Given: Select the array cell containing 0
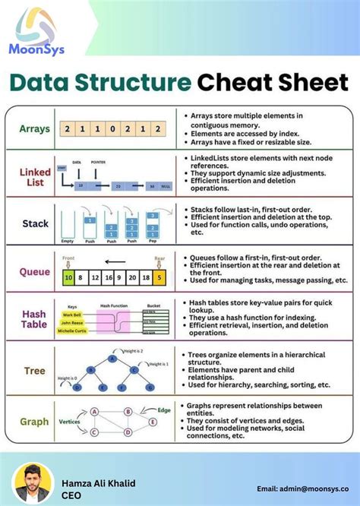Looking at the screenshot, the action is click(112, 129).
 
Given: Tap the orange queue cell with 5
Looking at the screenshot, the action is click(158, 278).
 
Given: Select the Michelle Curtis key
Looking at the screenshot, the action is click(74, 330).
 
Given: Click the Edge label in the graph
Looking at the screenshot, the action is click(163, 410).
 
